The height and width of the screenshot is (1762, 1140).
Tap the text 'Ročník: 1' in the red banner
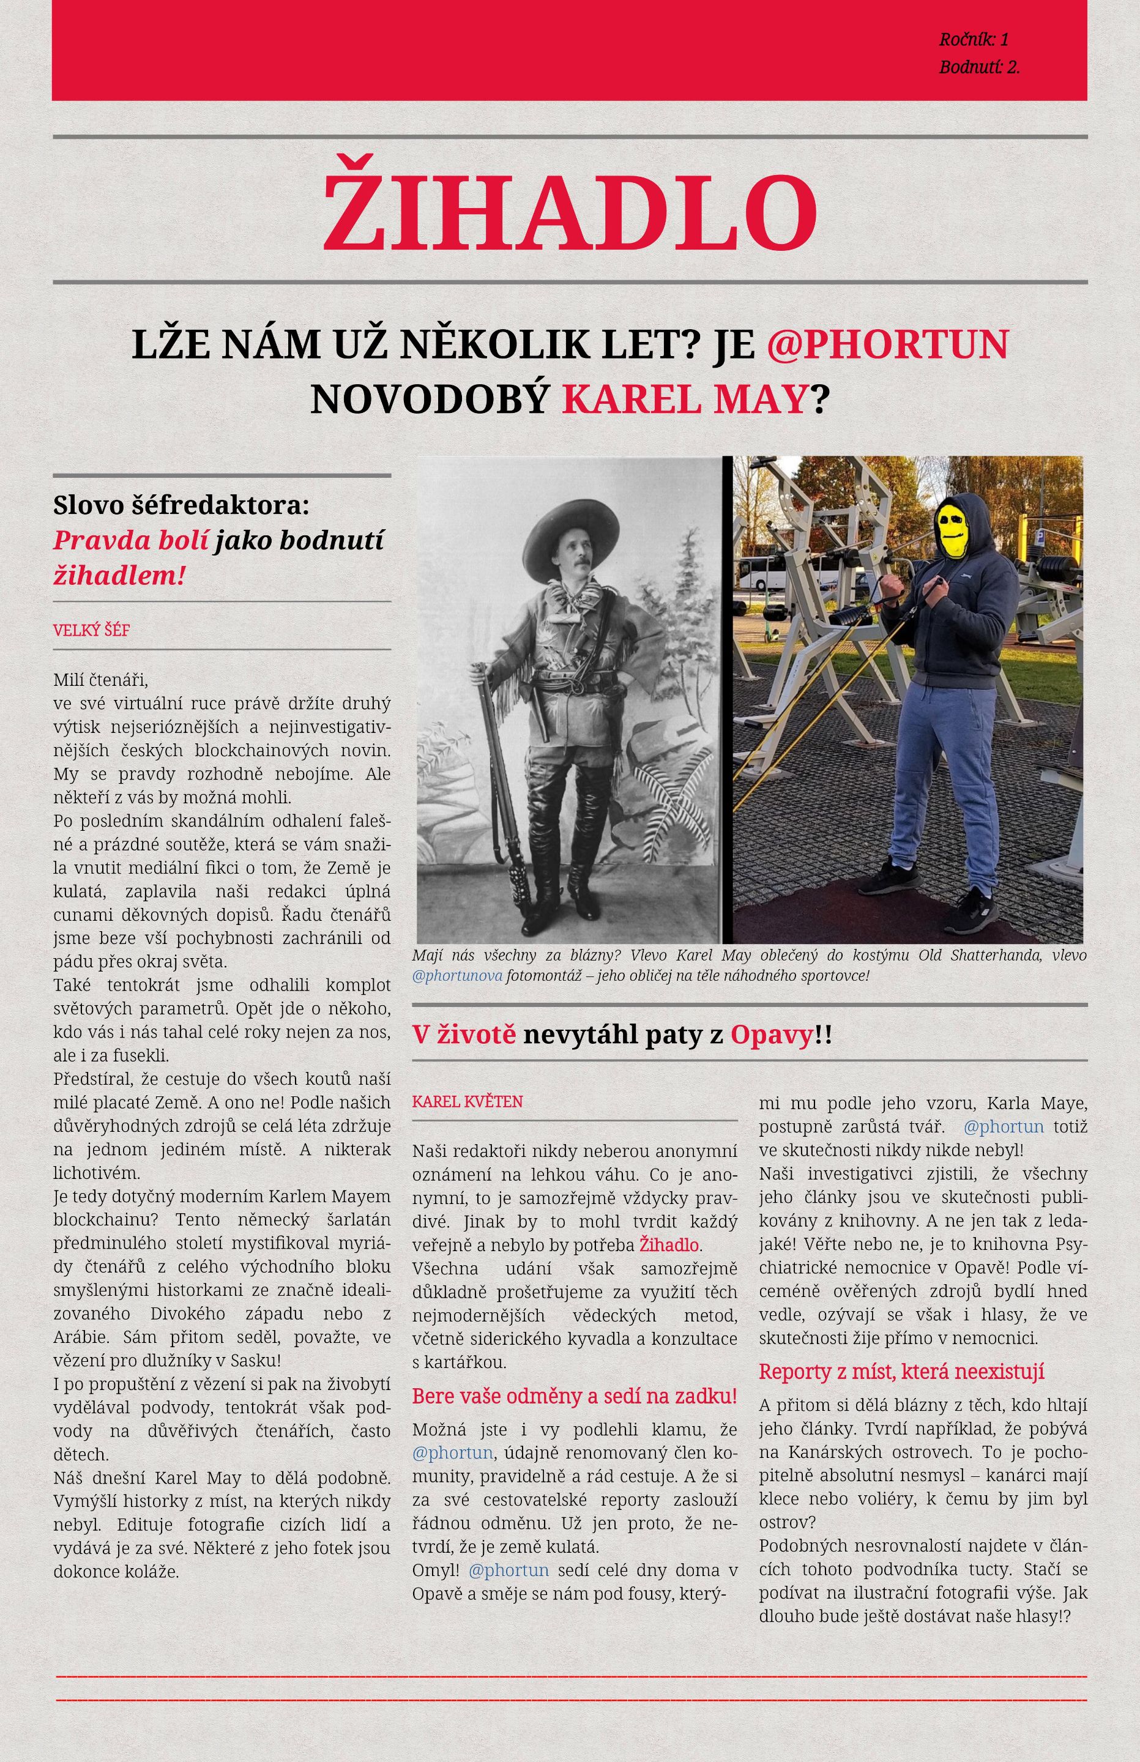click(x=974, y=39)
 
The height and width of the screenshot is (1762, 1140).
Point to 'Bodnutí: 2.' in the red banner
click(x=978, y=67)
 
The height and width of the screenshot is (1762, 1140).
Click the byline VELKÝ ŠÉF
click(x=92, y=631)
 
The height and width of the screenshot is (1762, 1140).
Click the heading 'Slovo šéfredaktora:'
click(x=181, y=506)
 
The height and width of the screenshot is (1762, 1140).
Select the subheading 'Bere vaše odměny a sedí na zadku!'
click(x=575, y=1396)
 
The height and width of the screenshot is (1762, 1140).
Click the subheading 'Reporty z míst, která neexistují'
click(x=901, y=1371)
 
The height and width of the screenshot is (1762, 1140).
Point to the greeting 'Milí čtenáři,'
click(x=101, y=679)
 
